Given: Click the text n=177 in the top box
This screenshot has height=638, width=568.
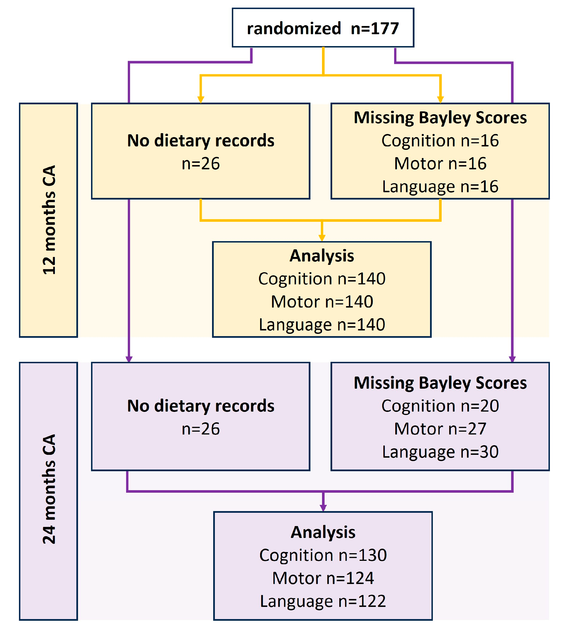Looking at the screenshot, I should point(375,28).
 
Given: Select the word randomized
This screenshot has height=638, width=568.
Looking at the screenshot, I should point(293,28).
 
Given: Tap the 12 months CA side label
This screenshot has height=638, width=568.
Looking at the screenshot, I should point(49,220).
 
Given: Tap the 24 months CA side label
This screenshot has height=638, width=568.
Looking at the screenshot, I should point(49,489).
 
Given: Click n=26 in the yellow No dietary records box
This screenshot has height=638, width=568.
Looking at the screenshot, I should point(201,164).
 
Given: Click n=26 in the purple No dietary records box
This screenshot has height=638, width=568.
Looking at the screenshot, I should point(201,429).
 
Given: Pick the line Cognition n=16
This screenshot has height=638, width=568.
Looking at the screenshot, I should point(440,140).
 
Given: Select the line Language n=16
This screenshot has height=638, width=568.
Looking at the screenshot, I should point(440,187).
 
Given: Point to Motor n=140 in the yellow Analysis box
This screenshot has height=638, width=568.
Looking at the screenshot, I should point(322,302).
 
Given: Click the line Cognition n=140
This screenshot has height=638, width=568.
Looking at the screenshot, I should point(322,278).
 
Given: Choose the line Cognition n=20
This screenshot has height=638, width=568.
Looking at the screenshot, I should point(440,406).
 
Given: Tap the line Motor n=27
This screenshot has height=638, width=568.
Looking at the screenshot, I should point(440,429).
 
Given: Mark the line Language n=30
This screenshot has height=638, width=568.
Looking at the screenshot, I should point(440,452).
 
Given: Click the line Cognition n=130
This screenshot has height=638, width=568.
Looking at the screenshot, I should point(323,555).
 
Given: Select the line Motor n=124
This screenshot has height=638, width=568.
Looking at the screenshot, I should point(323,578).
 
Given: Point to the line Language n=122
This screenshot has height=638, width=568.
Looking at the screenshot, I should point(323,601).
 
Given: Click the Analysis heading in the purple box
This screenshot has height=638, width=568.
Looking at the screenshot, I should point(323,532).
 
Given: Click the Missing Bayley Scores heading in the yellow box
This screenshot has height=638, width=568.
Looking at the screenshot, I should point(440,118).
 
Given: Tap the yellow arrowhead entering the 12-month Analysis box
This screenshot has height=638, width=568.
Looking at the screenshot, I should point(322,238).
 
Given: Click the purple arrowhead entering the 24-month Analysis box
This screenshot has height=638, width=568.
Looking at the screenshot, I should point(323,508).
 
